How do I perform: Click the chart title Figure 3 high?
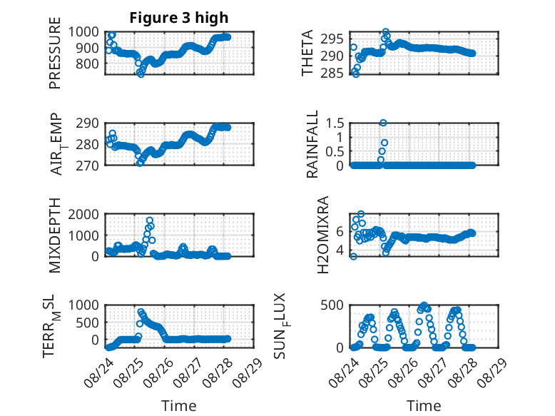[x=179, y=18]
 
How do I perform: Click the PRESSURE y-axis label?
[x=55, y=53]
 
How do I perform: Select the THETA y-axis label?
[x=307, y=53]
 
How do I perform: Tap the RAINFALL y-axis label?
[x=312, y=144]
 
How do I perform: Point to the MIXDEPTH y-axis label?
[x=55, y=235]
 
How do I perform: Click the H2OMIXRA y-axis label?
[x=323, y=235]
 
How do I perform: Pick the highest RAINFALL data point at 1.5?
[x=383, y=123]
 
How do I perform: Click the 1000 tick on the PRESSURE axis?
[x=83, y=32]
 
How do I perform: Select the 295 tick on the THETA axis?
[x=332, y=39]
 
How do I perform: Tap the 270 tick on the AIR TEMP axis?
[x=87, y=166]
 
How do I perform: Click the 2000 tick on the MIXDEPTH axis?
[x=83, y=214]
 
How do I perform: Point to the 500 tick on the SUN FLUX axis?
[x=332, y=305]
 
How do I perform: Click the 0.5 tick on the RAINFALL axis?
[x=335, y=151]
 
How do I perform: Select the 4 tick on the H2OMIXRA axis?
[x=340, y=250]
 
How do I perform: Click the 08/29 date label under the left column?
[x=248, y=372]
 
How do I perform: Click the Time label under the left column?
[x=179, y=405]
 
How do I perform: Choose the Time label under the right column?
[x=424, y=405]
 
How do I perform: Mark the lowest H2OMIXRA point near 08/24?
[x=353, y=256]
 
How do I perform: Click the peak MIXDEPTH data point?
[x=150, y=220]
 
